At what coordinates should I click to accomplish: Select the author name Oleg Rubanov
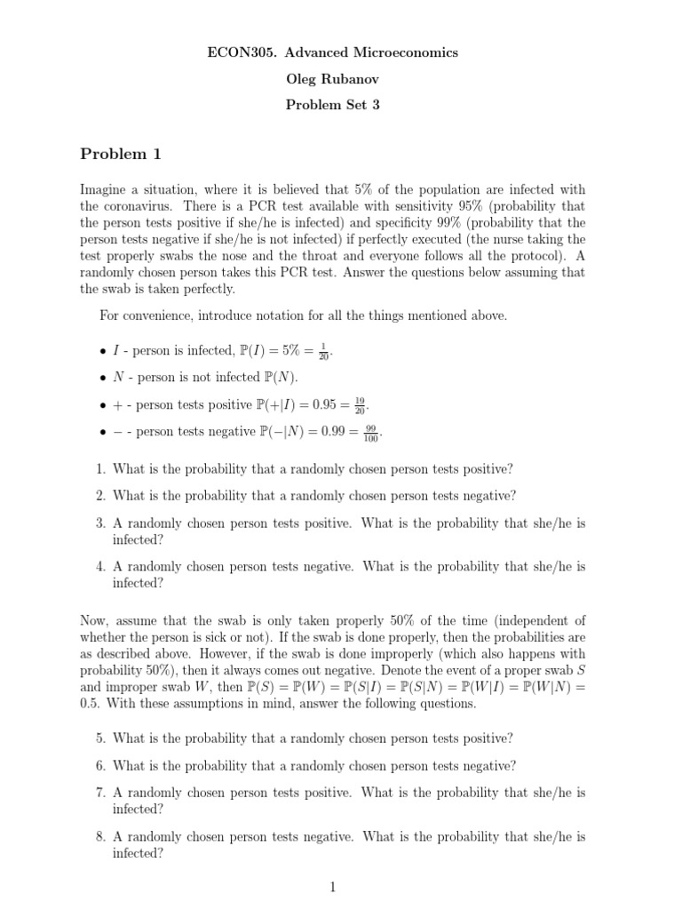click(x=331, y=78)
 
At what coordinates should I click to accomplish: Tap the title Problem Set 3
click(x=331, y=104)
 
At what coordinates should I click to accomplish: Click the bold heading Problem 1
click(x=121, y=155)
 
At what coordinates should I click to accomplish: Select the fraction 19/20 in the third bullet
click(x=359, y=404)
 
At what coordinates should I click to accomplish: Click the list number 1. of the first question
click(x=101, y=469)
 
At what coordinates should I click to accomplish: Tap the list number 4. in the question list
click(x=101, y=565)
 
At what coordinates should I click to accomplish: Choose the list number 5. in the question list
click(x=101, y=738)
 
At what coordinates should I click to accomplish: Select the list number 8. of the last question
click(x=101, y=836)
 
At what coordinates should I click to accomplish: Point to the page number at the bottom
click(x=332, y=886)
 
